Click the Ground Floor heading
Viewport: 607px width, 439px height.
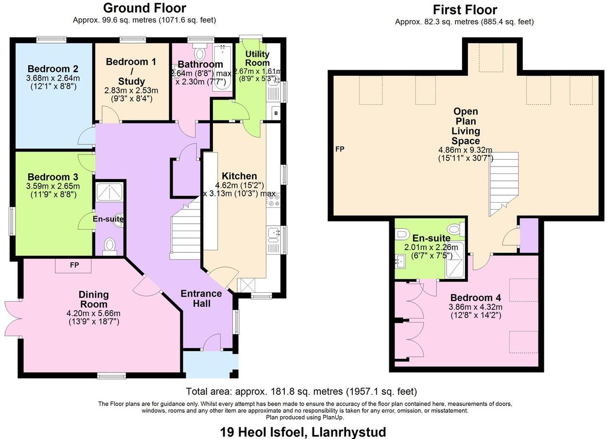[144, 8]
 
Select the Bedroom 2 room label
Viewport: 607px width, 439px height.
[53, 69]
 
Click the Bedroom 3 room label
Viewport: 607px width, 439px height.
[53, 177]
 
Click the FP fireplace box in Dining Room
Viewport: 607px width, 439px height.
[73, 266]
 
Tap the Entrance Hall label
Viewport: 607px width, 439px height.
[201, 298]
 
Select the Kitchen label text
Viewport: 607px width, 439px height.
[239, 176]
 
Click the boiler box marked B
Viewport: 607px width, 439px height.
[276, 114]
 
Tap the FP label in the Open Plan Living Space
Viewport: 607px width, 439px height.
[340, 149]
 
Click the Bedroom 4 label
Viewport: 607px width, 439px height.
[475, 298]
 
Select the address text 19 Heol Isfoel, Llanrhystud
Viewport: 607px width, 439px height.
[303, 431]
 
